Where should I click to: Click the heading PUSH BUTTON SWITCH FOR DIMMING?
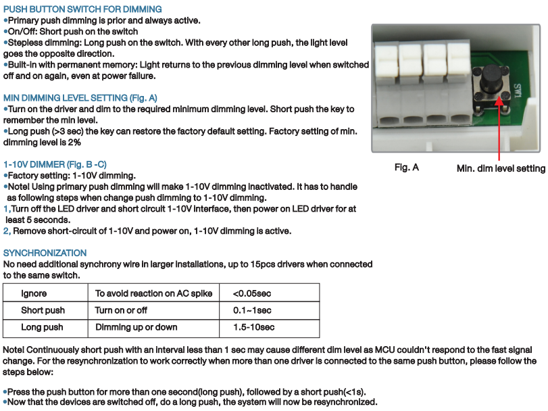(82, 9)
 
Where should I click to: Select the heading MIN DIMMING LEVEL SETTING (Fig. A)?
(80, 97)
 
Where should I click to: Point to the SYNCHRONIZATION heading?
(45, 253)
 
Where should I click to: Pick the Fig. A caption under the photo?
(407, 167)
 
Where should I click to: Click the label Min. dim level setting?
(501, 168)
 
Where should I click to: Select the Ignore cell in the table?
(34, 293)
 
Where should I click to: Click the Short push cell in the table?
(43, 310)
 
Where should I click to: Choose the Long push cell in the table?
(42, 327)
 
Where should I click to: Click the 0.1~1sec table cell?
(252, 310)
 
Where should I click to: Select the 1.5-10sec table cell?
(253, 327)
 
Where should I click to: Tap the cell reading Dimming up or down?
(136, 327)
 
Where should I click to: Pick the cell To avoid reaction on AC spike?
(153, 293)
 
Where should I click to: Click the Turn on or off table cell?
(121, 310)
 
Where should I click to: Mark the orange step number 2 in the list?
(6, 231)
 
